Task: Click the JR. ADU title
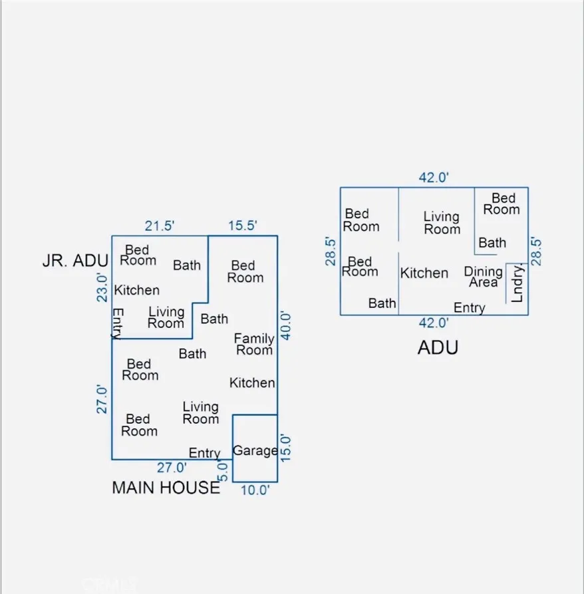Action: point(75,261)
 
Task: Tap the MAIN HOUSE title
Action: point(166,488)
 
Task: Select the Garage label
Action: point(255,450)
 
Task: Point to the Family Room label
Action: point(253,345)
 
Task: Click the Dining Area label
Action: point(483,277)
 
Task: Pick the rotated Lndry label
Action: point(518,283)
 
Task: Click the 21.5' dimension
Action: point(160,226)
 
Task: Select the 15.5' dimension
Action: point(242,226)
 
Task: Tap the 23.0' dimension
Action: point(102,287)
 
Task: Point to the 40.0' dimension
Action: point(286,325)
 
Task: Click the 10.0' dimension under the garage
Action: point(255,490)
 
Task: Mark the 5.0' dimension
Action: point(224,471)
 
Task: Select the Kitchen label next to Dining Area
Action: point(424,273)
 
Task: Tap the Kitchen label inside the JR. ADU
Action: point(137,290)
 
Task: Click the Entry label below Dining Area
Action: point(469,308)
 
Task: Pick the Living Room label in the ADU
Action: point(442,223)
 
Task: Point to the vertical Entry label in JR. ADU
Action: point(118,323)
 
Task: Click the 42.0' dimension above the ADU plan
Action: point(434,178)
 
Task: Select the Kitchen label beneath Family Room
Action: point(252,382)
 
